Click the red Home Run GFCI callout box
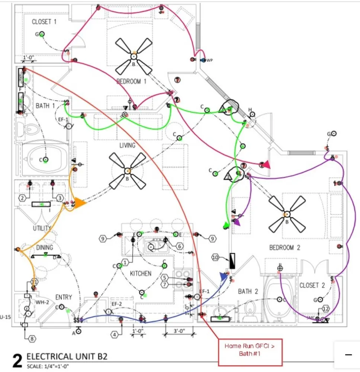point(250,350)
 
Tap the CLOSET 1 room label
point(44,22)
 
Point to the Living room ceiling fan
point(128,171)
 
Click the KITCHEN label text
point(141,273)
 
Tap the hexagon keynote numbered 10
point(215,257)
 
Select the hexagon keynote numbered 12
point(326,308)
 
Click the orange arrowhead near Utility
point(80,203)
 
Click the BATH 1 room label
point(45,106)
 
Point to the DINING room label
point(45,247)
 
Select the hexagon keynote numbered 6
point(179,246)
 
